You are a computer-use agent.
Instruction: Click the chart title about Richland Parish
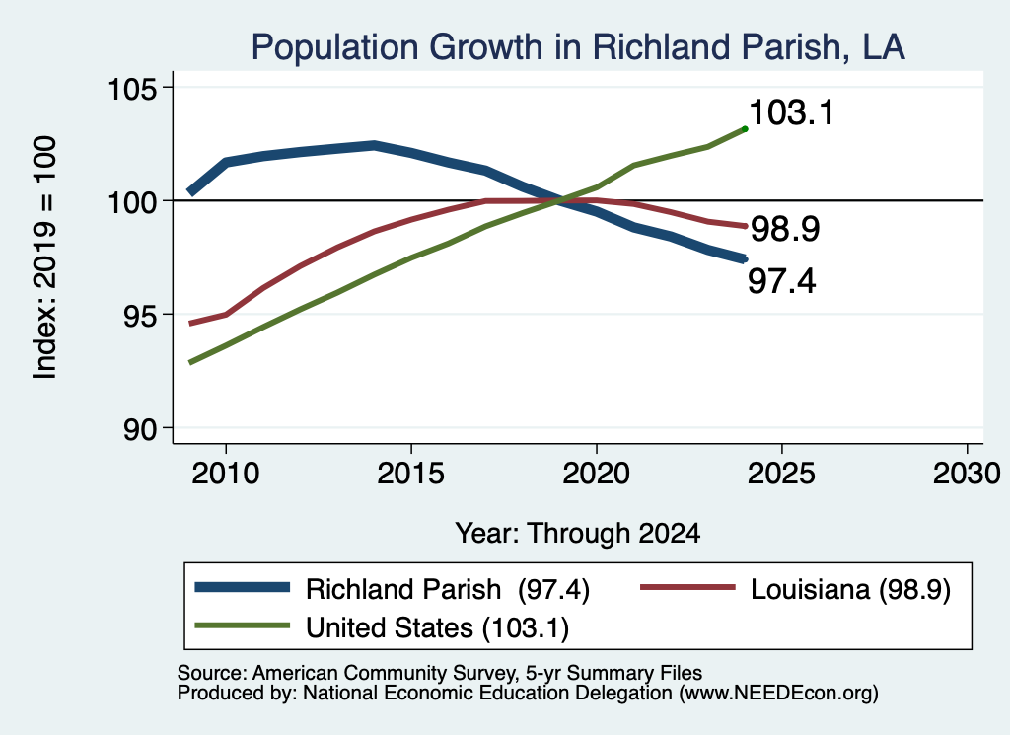pos(578,47)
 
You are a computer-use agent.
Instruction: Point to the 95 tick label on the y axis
pos(141,316)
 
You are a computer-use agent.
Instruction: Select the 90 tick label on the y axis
pos(141,429)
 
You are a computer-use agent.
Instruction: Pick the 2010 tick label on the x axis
pos(226,474)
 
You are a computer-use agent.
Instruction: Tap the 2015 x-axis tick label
pos(411,474)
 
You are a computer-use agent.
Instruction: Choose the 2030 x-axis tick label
pos(967,474)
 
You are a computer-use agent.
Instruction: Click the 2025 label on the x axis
pos(781,474)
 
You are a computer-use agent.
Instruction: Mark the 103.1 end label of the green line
pos(792,112)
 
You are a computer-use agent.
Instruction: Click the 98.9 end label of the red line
pos(785,229)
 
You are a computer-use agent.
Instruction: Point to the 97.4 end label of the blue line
pos(781,281)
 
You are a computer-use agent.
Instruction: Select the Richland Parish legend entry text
pos(448,589)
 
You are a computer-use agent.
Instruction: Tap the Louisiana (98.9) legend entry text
pos(850,589)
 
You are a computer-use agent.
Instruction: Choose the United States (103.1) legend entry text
pos(437,628)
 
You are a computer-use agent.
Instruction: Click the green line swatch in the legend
pos(243,625)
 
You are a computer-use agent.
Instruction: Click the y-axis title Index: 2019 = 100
pos(45,257)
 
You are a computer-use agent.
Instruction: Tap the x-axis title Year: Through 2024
pos(578,534)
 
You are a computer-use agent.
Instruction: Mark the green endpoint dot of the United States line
pos(746,129)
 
